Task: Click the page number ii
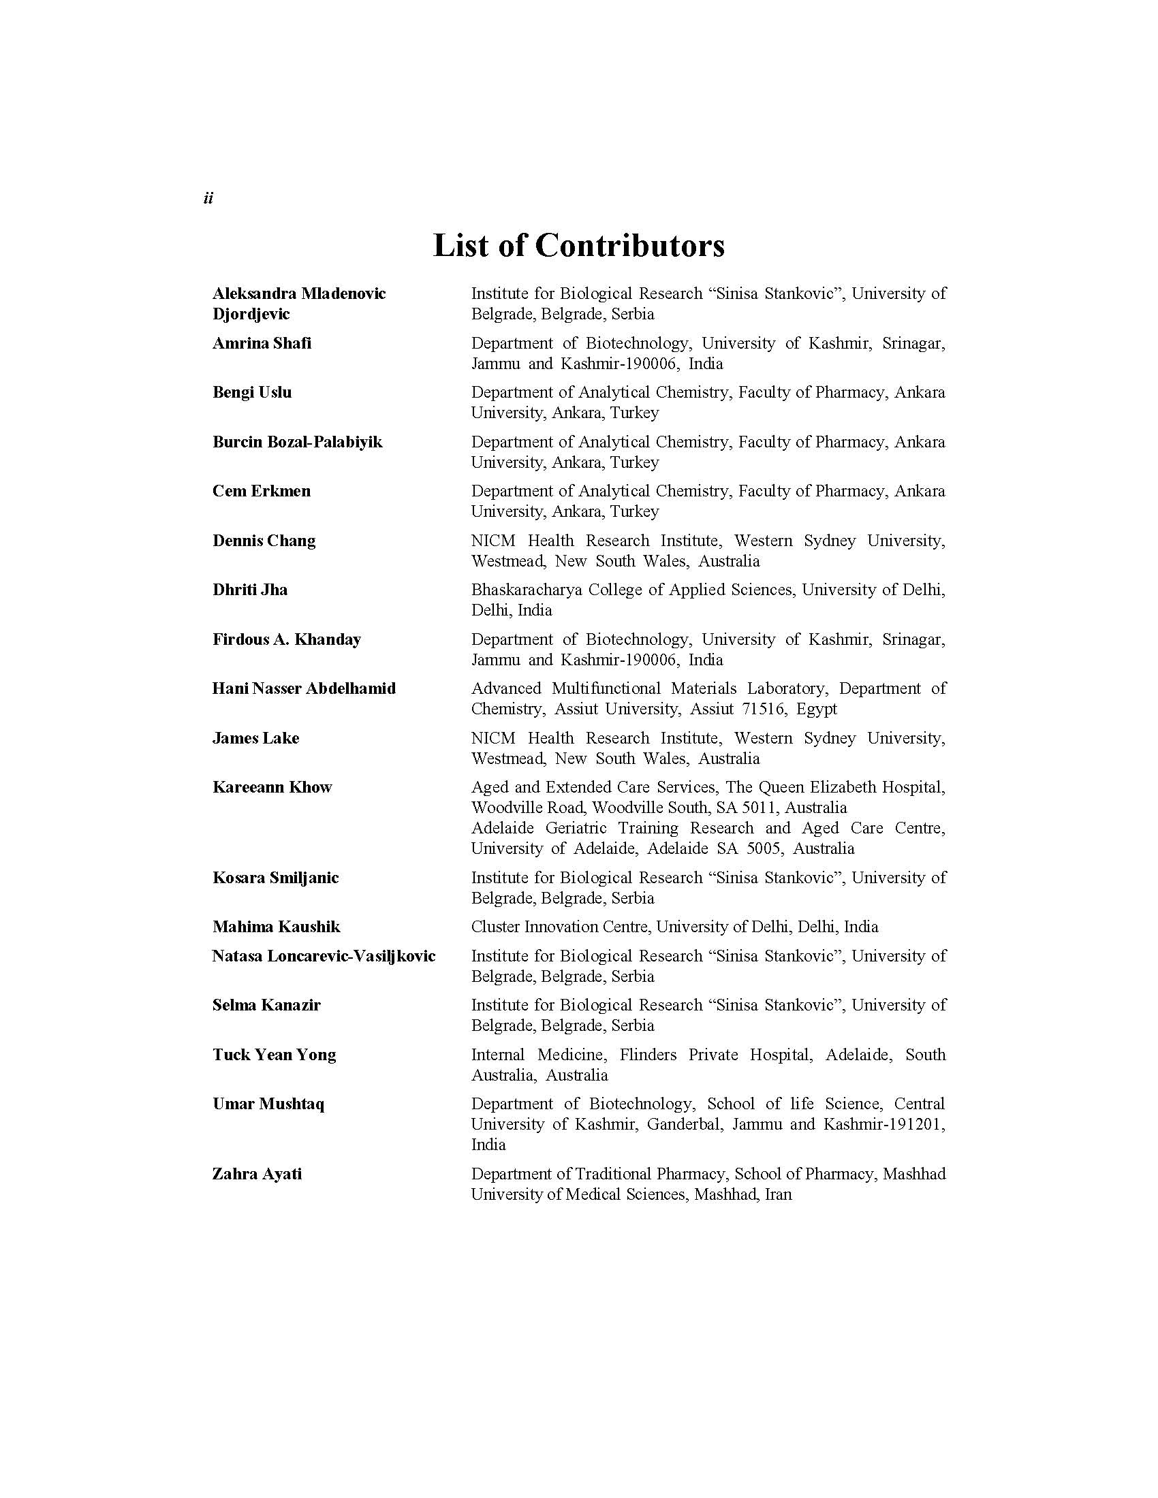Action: (208, 198)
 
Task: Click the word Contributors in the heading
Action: (629, 246)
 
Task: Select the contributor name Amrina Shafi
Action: (262, 343)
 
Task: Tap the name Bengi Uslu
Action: (252, 392)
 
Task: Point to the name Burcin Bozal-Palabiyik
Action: (297, 442)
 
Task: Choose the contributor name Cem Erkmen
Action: (262, 491)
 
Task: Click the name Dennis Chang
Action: (264, 541)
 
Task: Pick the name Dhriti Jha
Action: (250, 590)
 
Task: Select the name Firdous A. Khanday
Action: (286, 639)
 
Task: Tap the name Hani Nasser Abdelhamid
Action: (304, 688)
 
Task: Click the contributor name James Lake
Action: (255, 738)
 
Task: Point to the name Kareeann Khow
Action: (272, 787)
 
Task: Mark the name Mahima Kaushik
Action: (276, 927)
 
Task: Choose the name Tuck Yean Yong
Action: (274, 1055)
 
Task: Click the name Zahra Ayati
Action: (257, 1175)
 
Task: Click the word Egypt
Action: (816, 709)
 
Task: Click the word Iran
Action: (778, 1194)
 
